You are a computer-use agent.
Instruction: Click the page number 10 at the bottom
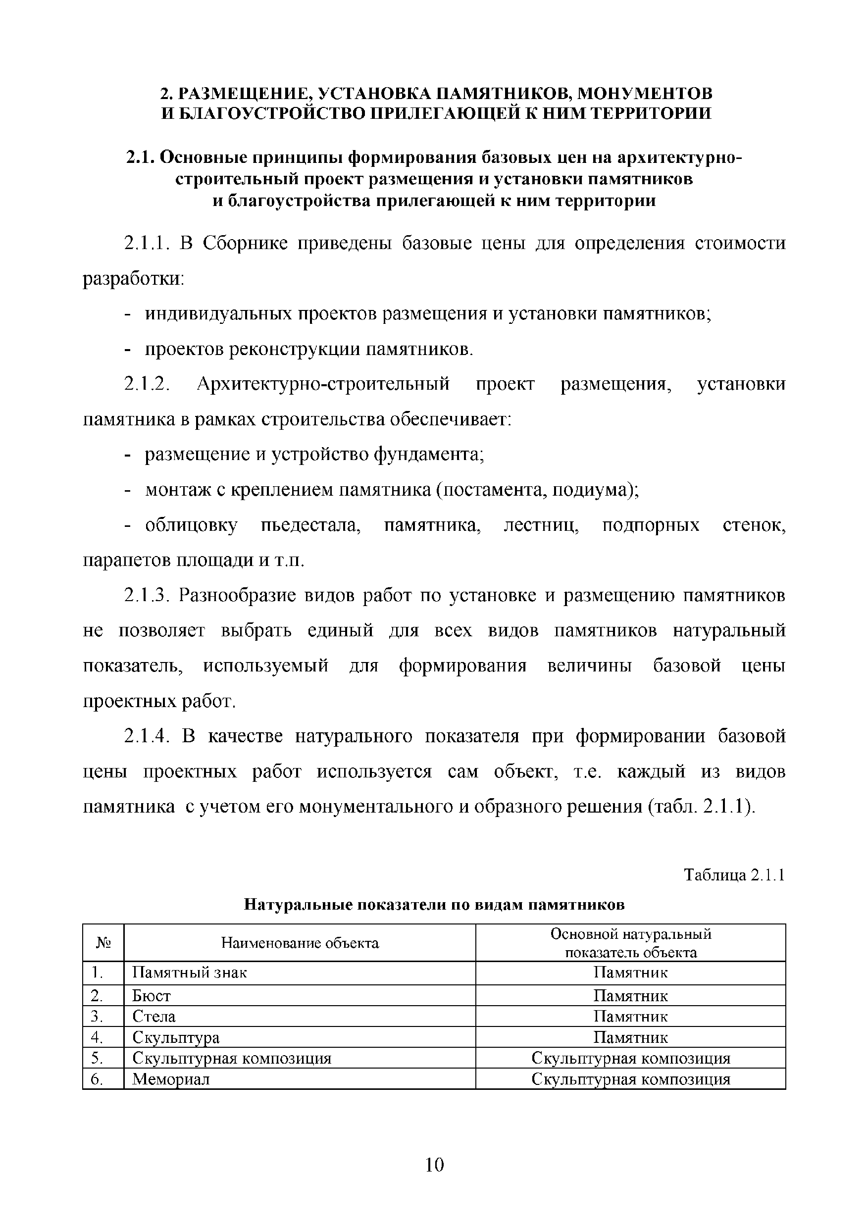pyautogui.click(x=434, y=1164)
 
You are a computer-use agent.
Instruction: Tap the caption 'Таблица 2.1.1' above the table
pyautogui.click(x=734, y=875)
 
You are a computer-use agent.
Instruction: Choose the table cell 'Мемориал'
pyautogui.click(x=171, y=1079)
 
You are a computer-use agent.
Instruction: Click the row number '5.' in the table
pyautogui.click(x=97, y=1058)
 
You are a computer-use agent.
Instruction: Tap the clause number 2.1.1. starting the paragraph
pyautogui.click(x=147, y=244)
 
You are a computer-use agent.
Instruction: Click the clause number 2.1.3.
pyautogui.click(x=147, y=595)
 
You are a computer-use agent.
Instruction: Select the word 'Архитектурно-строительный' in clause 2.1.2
pyautogui.click(x=323, y=384)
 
